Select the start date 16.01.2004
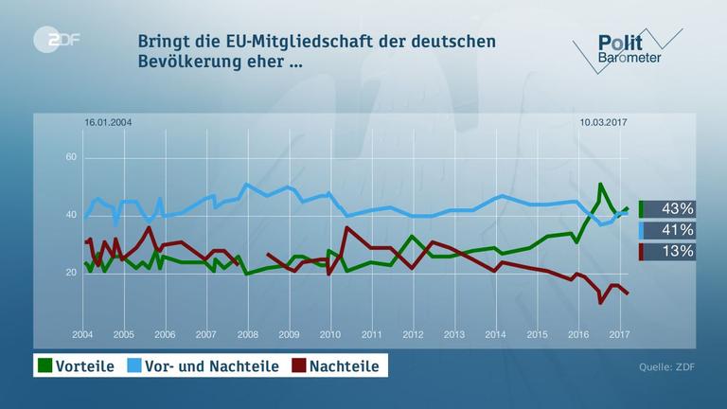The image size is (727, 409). click(106, 122)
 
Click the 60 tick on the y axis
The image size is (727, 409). click(70, 157)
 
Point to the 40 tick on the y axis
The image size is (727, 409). click(70, 215)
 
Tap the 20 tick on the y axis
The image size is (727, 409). click(70, 273)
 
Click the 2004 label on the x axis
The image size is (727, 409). click(83, 334)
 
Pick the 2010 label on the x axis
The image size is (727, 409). click(329, 334)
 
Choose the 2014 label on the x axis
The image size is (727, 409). click(495, 334)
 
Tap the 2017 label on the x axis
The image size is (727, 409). click(619, 334)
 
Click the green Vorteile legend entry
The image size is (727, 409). click(75, 365)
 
